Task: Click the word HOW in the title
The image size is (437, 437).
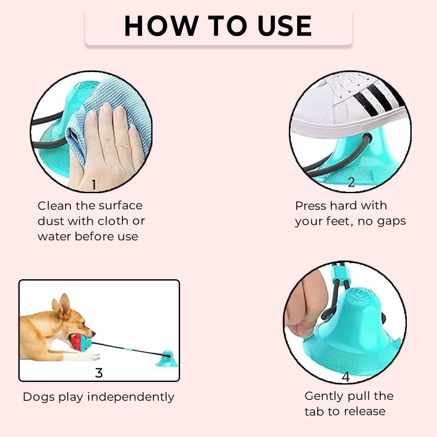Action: [x=161, y=26]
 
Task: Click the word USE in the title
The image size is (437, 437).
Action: [x=284, y=26]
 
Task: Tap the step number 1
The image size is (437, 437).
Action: [x=94, y=185]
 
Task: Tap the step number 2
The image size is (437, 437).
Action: [x=351, y=182]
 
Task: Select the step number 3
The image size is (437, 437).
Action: [x=99, y=373]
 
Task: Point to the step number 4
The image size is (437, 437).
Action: [x=346, y=377]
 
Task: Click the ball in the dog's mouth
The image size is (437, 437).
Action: [x=81, y=343]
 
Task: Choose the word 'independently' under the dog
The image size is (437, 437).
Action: [x=131, y=397]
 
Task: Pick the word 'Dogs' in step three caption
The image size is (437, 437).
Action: [x=39, y=397]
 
